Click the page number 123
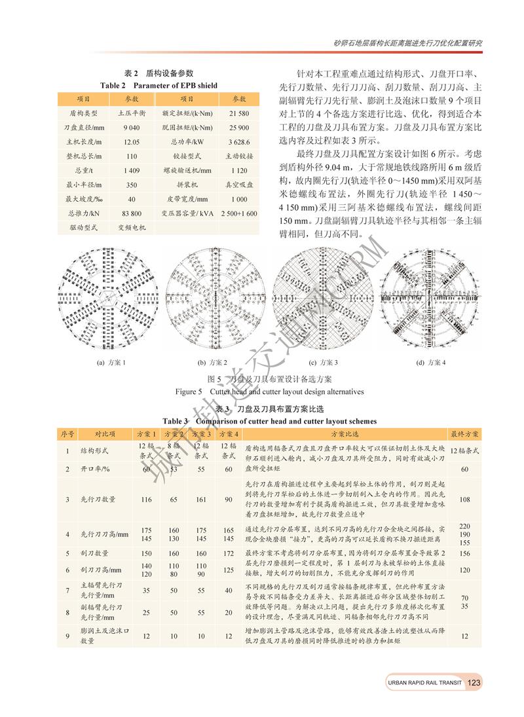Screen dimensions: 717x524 (x=475, y=683)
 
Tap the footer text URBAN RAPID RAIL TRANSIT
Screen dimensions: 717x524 (x=424, y=684)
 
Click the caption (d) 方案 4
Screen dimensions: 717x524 (x=430, y=362)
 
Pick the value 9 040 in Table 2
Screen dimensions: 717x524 (x=131, y=127)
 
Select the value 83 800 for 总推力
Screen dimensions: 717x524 (x=131, y=213)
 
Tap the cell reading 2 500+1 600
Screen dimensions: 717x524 (x=238, y=213)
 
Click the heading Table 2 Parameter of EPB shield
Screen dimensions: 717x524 (x=159, y=85)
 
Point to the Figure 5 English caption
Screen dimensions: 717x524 (x=269, y=392)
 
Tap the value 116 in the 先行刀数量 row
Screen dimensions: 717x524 (x=146, y=499)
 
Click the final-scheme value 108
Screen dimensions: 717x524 (x=465, y=499)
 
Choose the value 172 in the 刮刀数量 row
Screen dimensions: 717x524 (x=228, y=553)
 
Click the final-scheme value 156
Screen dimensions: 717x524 (x=465, y=553)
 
